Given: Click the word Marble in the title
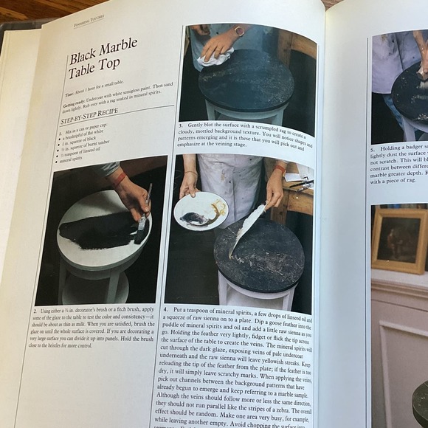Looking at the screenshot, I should point(116,50).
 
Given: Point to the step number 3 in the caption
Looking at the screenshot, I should point(181,126).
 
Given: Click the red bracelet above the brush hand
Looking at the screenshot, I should point(118,178).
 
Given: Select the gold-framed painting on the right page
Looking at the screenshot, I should point(398,241).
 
